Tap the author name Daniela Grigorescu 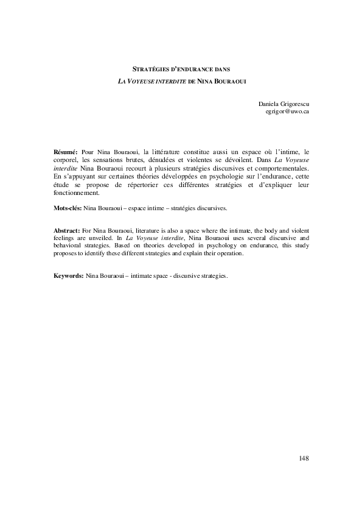(x=284, y=105)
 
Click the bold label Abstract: (x=66, y=232)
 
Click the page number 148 (x=304, y=458)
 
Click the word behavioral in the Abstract (x=69, y=246)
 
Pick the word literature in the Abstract (x=147, y=232)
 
